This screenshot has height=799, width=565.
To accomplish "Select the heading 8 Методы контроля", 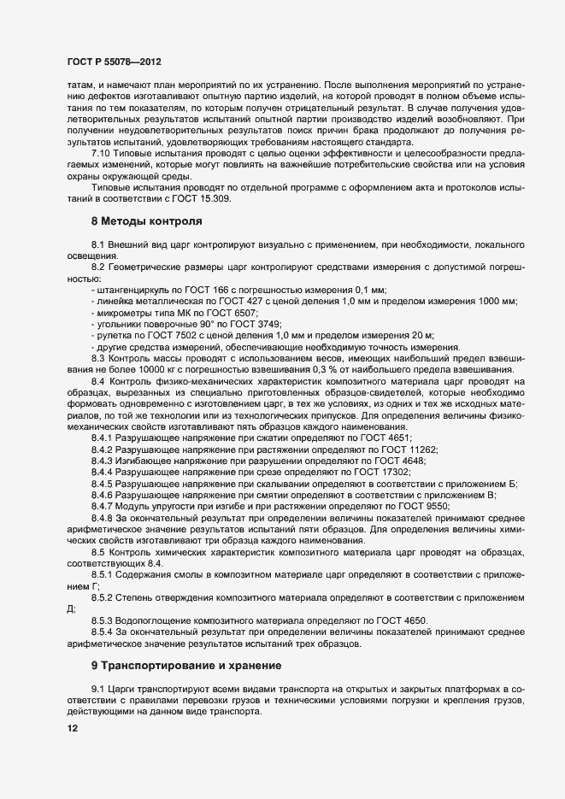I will coord(146,221).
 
